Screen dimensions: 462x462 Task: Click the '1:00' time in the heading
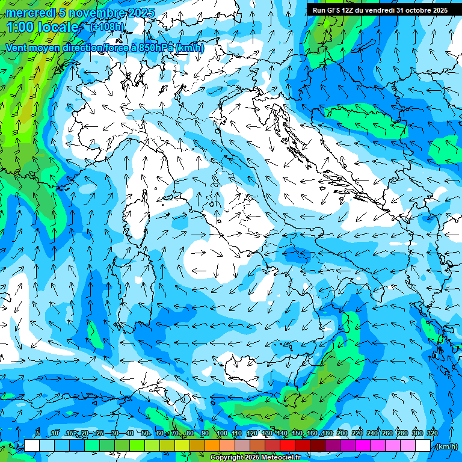click(x=22, y=27)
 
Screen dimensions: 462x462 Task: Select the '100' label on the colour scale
click(x=222, y=433)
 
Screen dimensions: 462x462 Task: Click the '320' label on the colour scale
click(x=432, y=433)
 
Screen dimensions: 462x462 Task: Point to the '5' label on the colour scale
click(x=37, y=433)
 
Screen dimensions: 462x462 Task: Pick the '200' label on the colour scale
click(x=342, y=433)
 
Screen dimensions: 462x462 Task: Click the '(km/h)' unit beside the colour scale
click(x=446, y=446)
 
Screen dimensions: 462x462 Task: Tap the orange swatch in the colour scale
click(x=212, y=446)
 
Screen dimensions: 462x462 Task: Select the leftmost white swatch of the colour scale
click(x=32, y=446)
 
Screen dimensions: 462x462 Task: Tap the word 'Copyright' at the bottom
click(x=227, y=458)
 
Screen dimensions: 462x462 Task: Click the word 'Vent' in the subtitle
click(x=16, y=48)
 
